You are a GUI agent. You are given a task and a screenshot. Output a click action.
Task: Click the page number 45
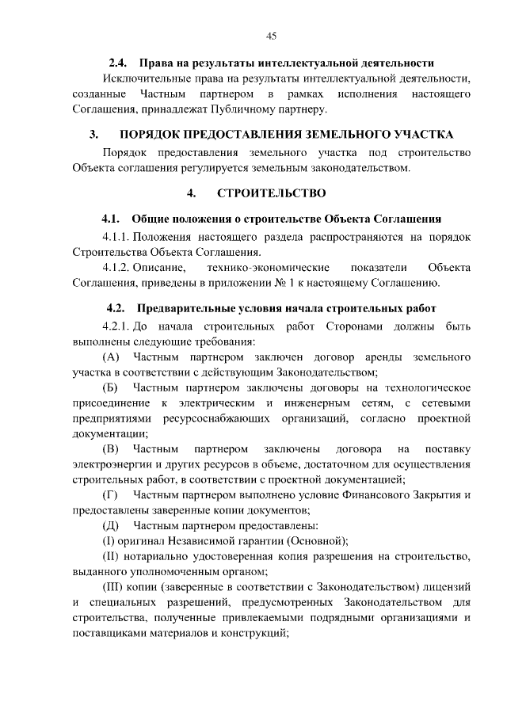click(x=270, y=36)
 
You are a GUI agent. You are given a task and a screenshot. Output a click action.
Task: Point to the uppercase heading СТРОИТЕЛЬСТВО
click(x=270, y=193)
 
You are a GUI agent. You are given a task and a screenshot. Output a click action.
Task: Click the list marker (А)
click(x=111, y=357)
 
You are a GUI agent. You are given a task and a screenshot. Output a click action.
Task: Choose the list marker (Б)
click(x=111, y=387)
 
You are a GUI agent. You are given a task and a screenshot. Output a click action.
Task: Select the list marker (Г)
click(x=110, y=495)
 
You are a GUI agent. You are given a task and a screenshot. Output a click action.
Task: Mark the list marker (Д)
click(x=111, y=525)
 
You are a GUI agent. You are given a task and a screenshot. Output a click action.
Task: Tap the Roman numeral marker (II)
click(x=112, y=556)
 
